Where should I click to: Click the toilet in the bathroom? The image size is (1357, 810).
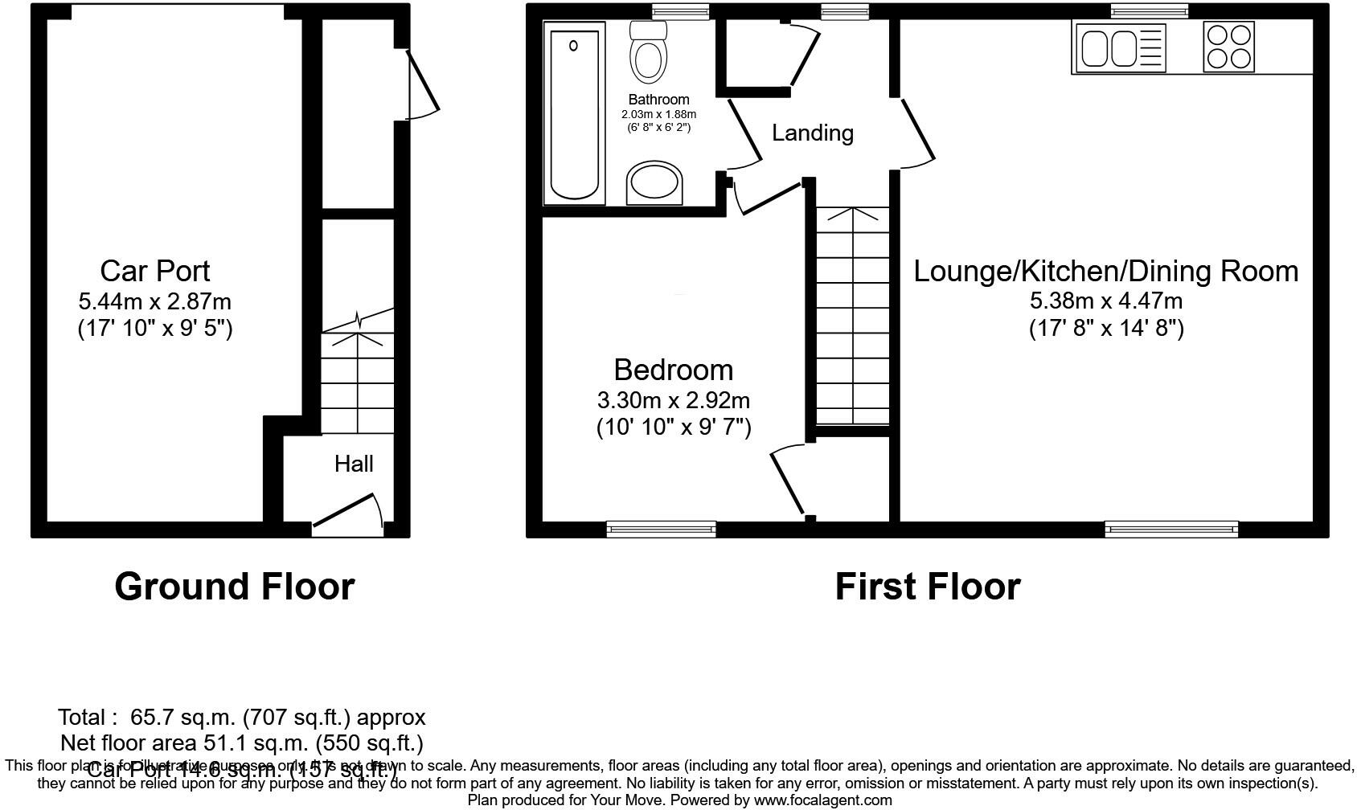pyautogui.click(x=649, y=54)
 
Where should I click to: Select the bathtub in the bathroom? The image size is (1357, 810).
pyautogui.click(x=574, y=112)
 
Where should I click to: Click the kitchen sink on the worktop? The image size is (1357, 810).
pyautogui.click(x=1118, y=47)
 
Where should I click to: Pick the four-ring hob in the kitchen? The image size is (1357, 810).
pyautogui.click(x=1229, y=47)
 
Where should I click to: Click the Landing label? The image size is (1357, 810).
pyautogui.click(x=812, y=133)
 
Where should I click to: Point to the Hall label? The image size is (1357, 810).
pyautogui.click(x=354, y=464)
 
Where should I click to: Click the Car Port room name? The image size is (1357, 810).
pyautogui.click(x=155, y=271)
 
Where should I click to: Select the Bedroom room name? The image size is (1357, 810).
pyautogui.click(x=673, y=370)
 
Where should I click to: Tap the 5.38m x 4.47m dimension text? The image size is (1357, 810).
pyautogui.click(x=1105, y=301)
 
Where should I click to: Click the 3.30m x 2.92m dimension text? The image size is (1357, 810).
pyautogui.click(x=673, y=400)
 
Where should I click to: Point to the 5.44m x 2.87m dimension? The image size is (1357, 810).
pyautogui.click(x=155, y=302)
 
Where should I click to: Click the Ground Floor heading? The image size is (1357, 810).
pyautogui.click(x=234, y=587)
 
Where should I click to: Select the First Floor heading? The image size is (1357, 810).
pyautogui.click(x=927, y=587)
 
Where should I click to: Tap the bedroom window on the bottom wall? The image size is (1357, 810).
pyautogui.click(x=661, y=529)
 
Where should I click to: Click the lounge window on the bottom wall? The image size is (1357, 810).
pyautogui.click(x=1170, y=529)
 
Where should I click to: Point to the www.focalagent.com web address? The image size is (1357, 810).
pyautogui.click(x=822, y=800)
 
